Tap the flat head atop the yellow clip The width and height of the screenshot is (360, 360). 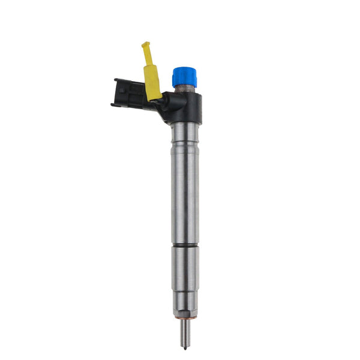click(145, 44)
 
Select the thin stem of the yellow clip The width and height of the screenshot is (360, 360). click(148, 56)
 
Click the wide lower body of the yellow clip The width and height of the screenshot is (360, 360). click(152, 82)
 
